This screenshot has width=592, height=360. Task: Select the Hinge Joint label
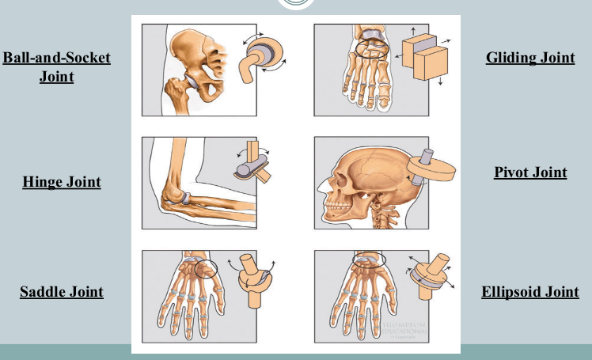click(62, 182)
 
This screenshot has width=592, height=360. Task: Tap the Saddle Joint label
click(62, 292)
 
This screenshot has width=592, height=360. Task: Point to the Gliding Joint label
click(530, 58)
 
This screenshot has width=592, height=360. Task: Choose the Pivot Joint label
click(530, 172)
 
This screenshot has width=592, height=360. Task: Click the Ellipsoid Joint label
click(530, 292)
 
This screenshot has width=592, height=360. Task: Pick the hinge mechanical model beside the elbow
click(252, 165)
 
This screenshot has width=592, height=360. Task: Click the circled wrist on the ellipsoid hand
click(368, 260)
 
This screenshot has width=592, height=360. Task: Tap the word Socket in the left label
click(84, 58)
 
